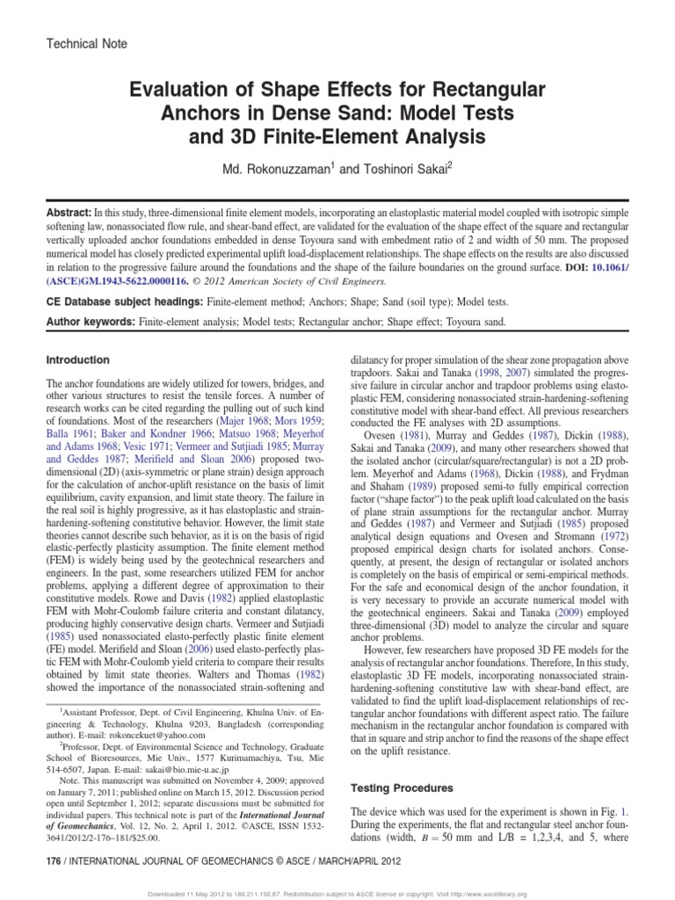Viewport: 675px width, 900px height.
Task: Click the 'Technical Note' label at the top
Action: point(85,43)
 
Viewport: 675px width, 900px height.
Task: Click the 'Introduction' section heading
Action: point(77,360)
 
